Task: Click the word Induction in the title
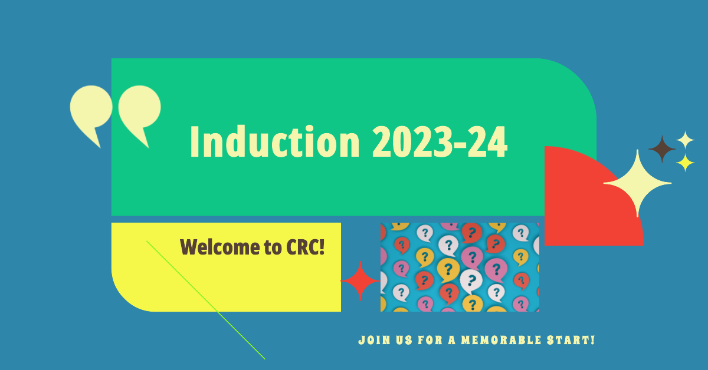click(x=275, y=141)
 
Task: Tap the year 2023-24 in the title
click(x=440, y=141)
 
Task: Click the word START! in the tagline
click(x=571, y=340)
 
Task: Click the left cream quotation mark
click(x=91, y=111)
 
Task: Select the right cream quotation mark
click(x=139, y=111)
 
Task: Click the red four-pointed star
click(x=360, y=280)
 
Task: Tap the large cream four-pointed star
click(x=637, y=183)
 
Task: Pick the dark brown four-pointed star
click(x=662, y=149)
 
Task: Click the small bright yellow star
click(x=685, y=163)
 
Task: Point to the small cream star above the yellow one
click(x=685, y=140)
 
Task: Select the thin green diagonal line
click(x=206, y=300)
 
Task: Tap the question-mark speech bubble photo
click(x=460, y=267)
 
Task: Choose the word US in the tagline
click(x=404, y=340)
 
